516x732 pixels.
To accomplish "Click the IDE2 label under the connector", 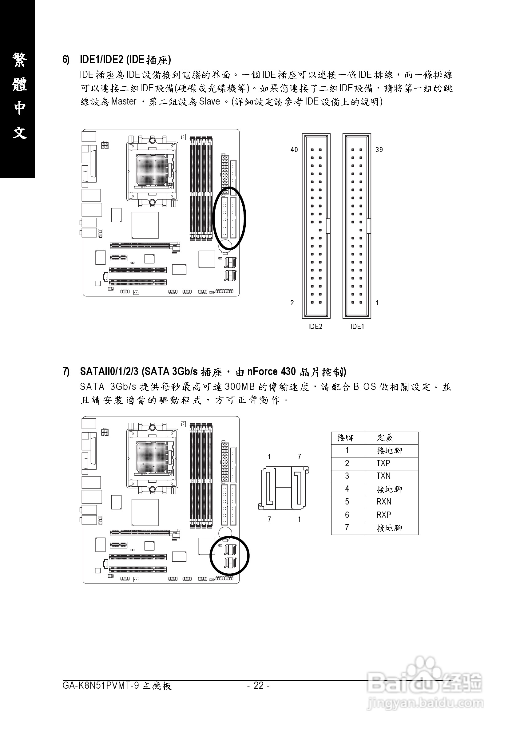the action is [x=315, y=326].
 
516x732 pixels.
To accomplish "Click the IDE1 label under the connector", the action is [x=357, y=326].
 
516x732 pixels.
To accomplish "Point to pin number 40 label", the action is [x=294, y=150].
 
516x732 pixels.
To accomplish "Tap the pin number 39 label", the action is [x=379, y=150].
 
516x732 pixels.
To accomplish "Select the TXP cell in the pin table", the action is [x=383, y=463].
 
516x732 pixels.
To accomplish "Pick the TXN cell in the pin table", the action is [x=383, y=476].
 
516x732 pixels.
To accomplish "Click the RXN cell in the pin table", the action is [x=384, y=502].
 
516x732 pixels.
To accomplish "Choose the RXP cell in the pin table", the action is [x=384, y=515].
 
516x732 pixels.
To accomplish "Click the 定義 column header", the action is [x=385, y=438].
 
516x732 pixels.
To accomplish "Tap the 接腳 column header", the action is [x=345, y=438].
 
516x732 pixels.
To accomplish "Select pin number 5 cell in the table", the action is [x=347, y=502].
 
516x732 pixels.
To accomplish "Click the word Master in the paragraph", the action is [x=124, y=102].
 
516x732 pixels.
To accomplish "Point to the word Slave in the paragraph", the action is [x=209, y=102].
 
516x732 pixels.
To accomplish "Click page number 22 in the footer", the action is [x=259, y=685].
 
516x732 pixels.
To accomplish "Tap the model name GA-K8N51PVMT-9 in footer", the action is [x=101, y=685].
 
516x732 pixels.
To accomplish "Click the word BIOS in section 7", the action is [x=364, y=387].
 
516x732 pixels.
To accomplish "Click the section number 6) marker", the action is [x=66, y=60].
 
